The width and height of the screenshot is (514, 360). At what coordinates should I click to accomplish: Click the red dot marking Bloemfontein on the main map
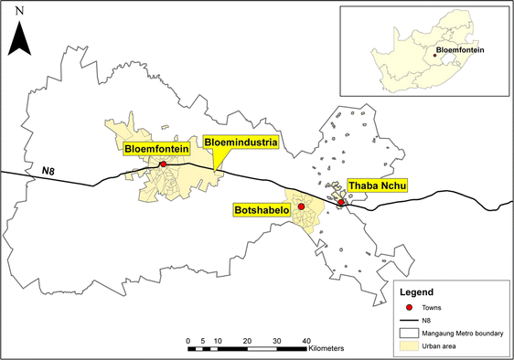(x=163, y=164)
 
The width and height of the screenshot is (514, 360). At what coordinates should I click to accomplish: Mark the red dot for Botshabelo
(x=300, y=207)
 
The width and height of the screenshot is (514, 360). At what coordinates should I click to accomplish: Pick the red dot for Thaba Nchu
(x=340, y=202)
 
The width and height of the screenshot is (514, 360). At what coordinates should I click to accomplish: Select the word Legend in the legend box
(x=420, y=292)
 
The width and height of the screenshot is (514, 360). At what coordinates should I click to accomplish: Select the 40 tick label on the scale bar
(x=305, y=340)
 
